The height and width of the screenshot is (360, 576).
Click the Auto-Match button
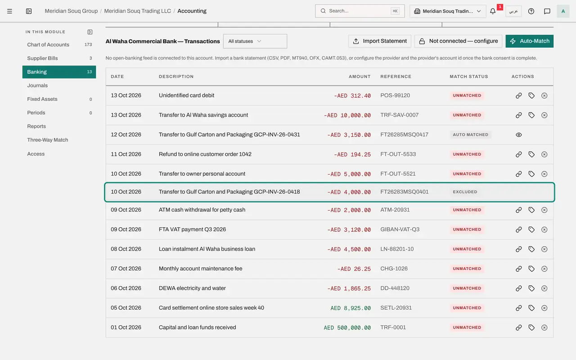pyautogui.click(x=529, y=41)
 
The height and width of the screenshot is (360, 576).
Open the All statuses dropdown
pyautogui.click(x=255, y=41)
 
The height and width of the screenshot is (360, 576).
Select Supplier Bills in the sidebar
pyautogui.click(x=42, y=58)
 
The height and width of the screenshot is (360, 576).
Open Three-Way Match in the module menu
pyautogui.click(x=48, y=140)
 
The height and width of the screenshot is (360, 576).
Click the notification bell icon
pyautogui.click(x=492, y=11)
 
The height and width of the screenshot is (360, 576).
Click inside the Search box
pyautogui.click(x=360, y=11)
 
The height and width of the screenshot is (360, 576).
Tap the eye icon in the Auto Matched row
pyautogui.click(x=519, y=135)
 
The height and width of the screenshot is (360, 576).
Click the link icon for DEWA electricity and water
pyautogui.click(x=519, y=288)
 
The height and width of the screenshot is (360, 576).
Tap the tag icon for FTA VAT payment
pyautogui.click(x=531, y=229)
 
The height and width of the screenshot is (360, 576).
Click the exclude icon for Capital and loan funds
pyautogui.click(x=544, y=327)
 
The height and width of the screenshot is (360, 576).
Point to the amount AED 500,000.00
pyautogui.click(x=347, y=328)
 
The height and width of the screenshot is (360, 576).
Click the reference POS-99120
pyautogui.click(x=395, y=95)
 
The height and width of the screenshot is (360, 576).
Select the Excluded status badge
pyautogui.click(x=465, y=192)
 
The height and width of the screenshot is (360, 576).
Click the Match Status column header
pyautogui.click(x=469, y=76)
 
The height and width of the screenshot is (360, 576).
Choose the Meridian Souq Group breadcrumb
pyautogui.click(x=71, y=11)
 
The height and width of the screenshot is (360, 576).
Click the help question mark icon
pyautogui.click(x=531, y=11)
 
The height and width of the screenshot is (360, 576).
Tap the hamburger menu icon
pyautogui.click(x=9, y=11)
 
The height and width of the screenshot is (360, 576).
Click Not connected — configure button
pyautogui.click(x=458, y=41)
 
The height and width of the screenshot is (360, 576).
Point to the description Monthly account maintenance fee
pyautogui.click(x=200, y=269)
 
